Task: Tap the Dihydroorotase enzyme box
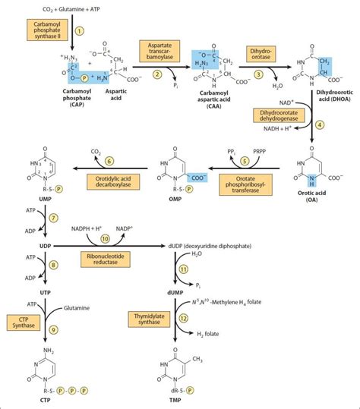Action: coord(260,52)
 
